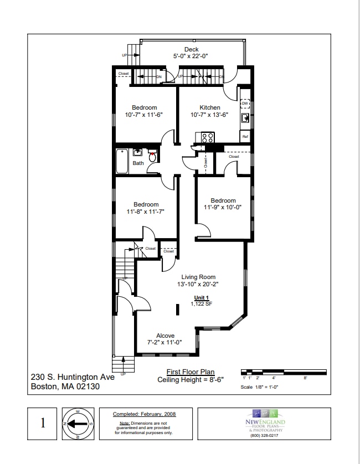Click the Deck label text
192,50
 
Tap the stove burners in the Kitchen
208,137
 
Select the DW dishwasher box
245,104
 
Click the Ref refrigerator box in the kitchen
245,136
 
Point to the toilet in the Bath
152,156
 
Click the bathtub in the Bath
122,161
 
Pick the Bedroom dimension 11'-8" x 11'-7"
146,212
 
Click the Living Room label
199,277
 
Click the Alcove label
165,336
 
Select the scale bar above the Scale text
275,370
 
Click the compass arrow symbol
77,424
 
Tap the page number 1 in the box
43,424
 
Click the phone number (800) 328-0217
264,435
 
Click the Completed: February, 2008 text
144,414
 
